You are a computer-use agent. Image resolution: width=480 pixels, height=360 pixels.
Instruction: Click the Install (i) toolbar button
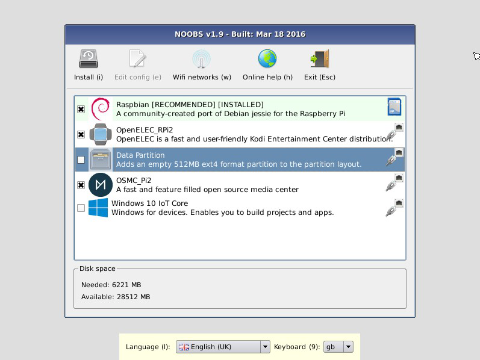point(89,65)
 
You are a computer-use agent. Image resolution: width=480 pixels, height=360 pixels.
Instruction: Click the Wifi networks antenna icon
point(201,59)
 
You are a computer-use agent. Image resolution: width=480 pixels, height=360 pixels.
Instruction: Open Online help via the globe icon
point(267,58)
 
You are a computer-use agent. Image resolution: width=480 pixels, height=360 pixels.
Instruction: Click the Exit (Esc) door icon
point(320,58)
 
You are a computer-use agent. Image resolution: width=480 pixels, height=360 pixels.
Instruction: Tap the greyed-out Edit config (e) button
point(138,65)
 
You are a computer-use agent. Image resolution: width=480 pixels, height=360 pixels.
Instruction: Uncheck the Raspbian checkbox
point(81,110)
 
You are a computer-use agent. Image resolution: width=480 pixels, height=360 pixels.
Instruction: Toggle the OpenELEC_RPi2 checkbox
point(81,134)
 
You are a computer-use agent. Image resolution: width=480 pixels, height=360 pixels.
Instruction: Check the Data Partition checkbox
point(81,160)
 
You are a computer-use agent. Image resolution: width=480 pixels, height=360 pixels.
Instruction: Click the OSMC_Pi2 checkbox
point(81,185)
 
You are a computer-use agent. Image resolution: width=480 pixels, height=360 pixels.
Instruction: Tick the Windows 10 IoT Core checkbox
point(81,208)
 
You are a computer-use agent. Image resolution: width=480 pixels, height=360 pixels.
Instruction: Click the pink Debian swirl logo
point(101,109)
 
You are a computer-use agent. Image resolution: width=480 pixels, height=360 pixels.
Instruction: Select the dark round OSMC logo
point(101,185)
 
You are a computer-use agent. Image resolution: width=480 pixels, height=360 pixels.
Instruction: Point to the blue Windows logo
point(98,208)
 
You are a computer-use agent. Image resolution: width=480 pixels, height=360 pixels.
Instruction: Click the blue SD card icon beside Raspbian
point(394,107)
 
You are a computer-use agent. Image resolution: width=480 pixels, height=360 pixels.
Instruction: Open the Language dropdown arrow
point(265,347)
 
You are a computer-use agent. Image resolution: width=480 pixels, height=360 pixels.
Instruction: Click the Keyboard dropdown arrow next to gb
point(348,347)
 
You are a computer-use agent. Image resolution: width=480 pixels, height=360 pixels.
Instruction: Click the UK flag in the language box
point(184,347)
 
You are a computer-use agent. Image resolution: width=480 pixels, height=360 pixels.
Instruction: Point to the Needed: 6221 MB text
point(111,285)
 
